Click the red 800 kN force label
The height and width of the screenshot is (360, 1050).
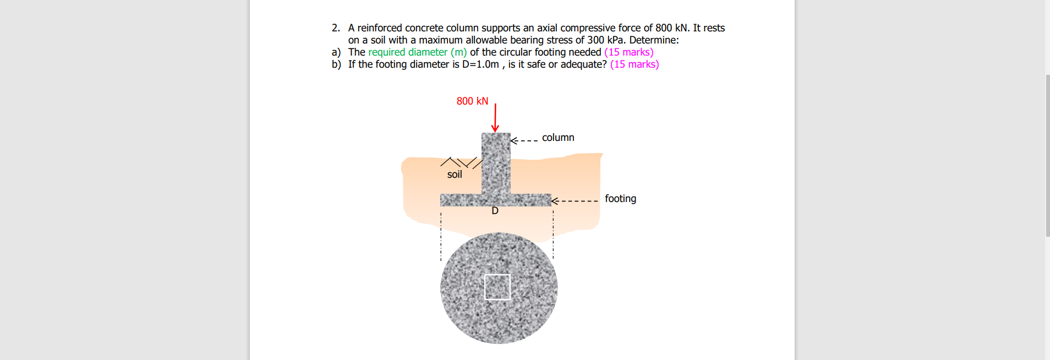[x=472, y=101]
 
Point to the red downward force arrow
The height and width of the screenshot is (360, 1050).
[x=495, y=118]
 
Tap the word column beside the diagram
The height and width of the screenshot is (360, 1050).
[x=558, y=138]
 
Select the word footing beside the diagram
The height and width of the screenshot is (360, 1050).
[x=620, y=199]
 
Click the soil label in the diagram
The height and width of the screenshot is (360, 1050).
[x=455, y=174]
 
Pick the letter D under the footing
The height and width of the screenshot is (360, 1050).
[x=495, y=211]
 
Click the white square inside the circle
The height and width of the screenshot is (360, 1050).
[x=497, y=287]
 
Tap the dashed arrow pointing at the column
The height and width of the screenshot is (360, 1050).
[x=524, y=140]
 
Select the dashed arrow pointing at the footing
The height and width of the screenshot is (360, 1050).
[x=575, y=201]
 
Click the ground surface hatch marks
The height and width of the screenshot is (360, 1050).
[x=461, y=162]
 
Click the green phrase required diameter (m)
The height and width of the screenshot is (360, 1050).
[x=417, y=52]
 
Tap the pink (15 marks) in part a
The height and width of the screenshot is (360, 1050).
[x=628, y=52]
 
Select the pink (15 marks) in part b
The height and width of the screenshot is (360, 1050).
[x=634, y=64]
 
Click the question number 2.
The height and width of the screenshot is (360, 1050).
[x=336, y=28]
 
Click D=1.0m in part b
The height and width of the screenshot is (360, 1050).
[x=480, y=64]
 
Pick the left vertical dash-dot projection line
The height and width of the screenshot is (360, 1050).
[x=441, y=237]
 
